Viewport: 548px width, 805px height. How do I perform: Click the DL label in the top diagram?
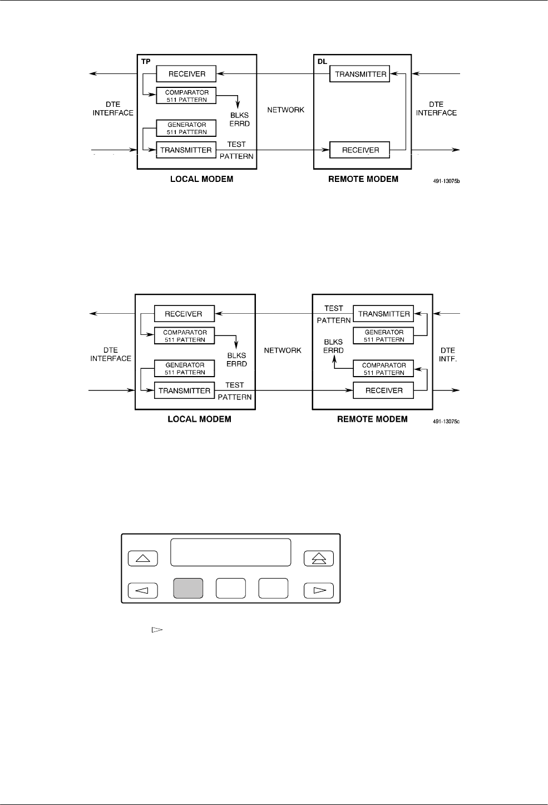(322, 62)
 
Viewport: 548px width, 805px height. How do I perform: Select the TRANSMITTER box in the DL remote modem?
(361, 74)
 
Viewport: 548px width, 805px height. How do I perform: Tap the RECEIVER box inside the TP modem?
(186, 74)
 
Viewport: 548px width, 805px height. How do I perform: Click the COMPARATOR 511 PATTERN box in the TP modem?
(186, 96)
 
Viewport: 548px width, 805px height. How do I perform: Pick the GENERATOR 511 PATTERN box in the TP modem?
(186, 129)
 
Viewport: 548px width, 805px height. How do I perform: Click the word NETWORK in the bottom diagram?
(283, 350)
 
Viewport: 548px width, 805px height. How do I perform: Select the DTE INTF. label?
(447, 354)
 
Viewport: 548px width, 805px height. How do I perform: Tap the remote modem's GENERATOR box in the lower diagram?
(384, 335)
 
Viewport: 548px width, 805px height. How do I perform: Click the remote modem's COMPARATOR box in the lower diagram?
(384, 369)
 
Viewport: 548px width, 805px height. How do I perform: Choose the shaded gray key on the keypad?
(188, 589)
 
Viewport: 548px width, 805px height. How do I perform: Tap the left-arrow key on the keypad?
(143, 590)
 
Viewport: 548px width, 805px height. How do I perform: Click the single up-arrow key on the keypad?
(143, 558)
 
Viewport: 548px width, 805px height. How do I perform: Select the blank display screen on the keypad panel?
(230, 552)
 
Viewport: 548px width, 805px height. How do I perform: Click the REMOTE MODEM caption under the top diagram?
(363, 179)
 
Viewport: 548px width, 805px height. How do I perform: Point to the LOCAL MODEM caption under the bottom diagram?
(199, 419)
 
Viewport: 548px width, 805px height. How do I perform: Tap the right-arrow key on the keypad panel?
(319, 590)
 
